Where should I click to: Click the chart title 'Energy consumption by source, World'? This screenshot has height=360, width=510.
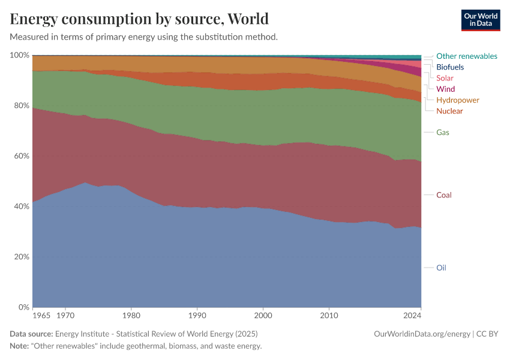139,19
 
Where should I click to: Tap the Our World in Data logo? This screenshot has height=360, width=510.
480,20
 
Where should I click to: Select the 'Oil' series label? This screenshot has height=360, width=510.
441,268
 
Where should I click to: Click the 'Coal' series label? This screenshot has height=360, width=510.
444,195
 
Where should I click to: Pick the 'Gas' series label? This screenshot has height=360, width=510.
443,132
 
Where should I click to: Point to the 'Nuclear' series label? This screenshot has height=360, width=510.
449,111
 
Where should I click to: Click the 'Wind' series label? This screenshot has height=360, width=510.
445,89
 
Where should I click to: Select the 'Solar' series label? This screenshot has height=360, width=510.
445,78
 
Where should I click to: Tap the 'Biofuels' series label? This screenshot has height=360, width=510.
450,67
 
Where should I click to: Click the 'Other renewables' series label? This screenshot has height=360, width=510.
466,56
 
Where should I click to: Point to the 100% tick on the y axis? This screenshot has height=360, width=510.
20,55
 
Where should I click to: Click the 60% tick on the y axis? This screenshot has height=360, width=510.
21,156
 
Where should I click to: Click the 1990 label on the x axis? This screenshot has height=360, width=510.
197,315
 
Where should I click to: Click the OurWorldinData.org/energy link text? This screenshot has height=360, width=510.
422,334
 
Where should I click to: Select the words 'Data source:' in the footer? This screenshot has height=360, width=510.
31,334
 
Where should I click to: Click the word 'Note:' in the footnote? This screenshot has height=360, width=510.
20,346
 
